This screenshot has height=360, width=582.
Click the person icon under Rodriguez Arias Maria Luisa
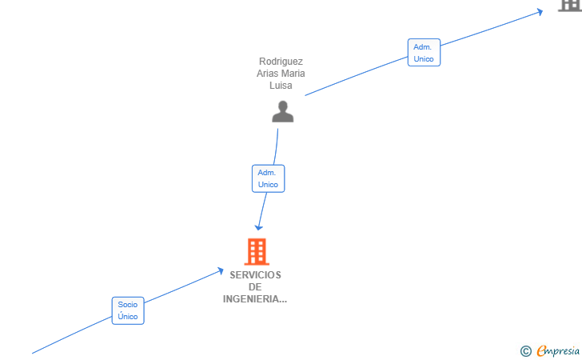pyautogui.click(x=283, y=111)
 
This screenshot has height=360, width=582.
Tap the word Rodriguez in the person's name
pyautogui.click(x=281, y=62)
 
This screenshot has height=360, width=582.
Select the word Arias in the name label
pyautogui.click(x=267, y=73)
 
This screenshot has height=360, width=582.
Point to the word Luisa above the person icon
pyautogui.click(x=281, y=86)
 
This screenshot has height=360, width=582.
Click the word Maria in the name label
pyautogui.click(x=293, y=73)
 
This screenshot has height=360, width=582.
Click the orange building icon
pyautogui.click(x=257, y=251)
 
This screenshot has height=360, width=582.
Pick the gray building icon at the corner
pyautogui.click(x=571, y=6)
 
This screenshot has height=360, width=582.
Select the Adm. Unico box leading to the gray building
pyautogui.click(x=424, y=52)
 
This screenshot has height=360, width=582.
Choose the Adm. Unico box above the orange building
pyautogui.click(x=268, y=178)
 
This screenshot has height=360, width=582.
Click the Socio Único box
pyautogui.click(x=128, y=310)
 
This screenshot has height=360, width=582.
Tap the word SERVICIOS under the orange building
pyautogui.click(x=255, y=275)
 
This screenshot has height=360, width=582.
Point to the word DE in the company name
pyautogui.click(x=255, y=287)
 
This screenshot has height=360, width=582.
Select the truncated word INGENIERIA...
pyautogui.click(x=254, y=299)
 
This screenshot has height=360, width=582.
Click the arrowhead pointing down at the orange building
pyautogui.click(x=259, y=227)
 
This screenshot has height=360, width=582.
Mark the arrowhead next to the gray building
pyautogui.click(x=540, y=12)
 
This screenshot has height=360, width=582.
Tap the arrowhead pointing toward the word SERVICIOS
pyautogui.click(x=221, y=271)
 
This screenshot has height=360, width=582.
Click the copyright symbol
pyautogui.click(x=525, y=351)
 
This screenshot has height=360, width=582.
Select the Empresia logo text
pyautogui.click(x=558, y=351)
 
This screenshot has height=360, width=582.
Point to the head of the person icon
pyautogui.click(x=283, y=106)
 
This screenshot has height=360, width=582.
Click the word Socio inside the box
pyautogui.click(x=128, y=305)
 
